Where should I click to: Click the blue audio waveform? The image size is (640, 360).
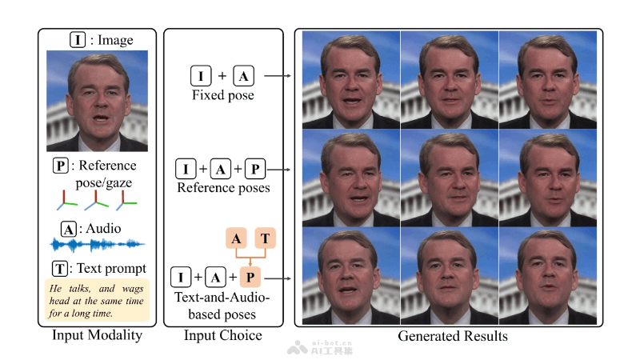(x=97, y=243)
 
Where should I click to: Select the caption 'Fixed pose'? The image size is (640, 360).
(x=222, y=96)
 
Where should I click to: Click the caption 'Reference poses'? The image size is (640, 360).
(x=222, y=188)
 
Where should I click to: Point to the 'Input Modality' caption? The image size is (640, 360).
(x=96, y=336)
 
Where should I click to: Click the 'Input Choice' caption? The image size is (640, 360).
(x=223, y=336)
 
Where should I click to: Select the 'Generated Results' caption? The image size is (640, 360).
(x=452, y=336)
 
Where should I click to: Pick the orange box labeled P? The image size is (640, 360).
(x=250, y=278)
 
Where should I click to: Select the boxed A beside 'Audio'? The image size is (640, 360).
(x=70, y=229)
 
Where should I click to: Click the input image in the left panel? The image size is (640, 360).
(x=97, y=102)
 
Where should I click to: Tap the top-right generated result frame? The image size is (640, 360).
(x=547, y=80)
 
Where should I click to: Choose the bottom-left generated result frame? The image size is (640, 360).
(x=351, y=275)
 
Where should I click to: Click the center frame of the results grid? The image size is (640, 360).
(x=449, y=178)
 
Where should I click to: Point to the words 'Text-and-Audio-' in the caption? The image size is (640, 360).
(x=222, y=298)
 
